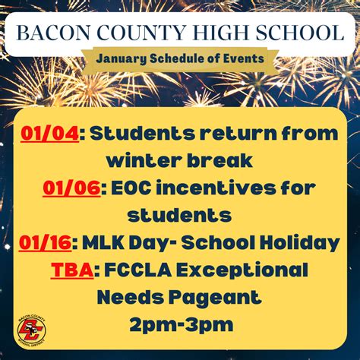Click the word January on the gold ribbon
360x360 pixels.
pos(121,59)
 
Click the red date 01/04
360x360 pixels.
pos(50,134)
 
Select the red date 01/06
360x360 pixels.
pos(71,188)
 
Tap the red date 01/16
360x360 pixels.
pos(46,242)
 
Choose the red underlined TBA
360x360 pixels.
pos(72,270)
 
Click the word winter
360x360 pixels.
pos(144,160)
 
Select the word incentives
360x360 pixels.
pos(216,188)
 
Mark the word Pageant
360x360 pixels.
pos(215,298)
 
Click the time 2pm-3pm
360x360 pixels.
pos(182,325)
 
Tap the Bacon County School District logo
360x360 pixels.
pos(32,330)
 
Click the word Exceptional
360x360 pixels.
pos(242,270)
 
